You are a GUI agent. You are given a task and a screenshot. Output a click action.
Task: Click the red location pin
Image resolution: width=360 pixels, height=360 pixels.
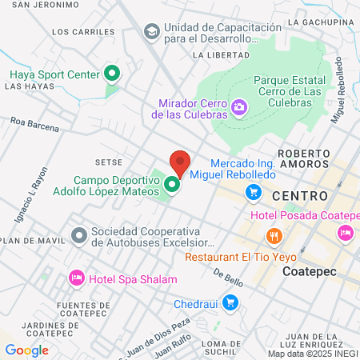[180, 163]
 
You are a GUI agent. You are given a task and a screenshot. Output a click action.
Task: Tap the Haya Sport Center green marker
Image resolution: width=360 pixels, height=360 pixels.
[113, 75]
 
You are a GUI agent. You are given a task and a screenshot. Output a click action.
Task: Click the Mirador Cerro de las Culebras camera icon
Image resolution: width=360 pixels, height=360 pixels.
[238, 107]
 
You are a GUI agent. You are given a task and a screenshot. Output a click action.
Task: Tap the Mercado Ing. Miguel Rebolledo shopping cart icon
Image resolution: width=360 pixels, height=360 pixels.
[254, 191]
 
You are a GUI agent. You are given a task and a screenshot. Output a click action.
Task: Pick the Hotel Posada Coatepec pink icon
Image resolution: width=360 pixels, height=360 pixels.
[346, 234]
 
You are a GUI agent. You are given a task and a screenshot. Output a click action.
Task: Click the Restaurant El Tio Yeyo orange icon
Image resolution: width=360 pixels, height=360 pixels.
[274, 235]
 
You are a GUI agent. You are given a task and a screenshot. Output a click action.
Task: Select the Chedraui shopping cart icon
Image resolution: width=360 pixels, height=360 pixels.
[230, 302]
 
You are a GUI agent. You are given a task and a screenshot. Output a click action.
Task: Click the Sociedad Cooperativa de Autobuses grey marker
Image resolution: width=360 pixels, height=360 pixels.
[78, 236]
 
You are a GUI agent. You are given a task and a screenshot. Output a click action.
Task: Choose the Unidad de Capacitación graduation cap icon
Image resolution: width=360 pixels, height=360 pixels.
[150, 31]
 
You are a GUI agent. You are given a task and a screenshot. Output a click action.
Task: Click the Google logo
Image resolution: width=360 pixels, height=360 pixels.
[26, 350]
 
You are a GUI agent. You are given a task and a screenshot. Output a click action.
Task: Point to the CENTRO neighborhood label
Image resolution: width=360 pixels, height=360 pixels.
[300, 196]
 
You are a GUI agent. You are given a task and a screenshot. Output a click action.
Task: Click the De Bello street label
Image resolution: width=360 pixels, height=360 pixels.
[228, 274]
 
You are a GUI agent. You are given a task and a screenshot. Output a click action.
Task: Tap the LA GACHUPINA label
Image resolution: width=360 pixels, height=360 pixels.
[324, 22]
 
